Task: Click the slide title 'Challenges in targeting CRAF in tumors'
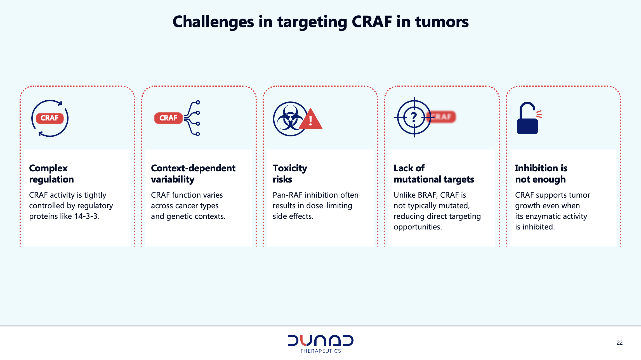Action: pyautogui.click(x=320, y=22)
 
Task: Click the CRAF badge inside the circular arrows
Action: pyautogui.click(x=50, y=118)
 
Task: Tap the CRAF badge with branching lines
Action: pyautogui.click(x=168, y=118)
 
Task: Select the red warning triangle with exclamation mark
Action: pyautogui.click(x=310, y=119)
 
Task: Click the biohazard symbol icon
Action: pyautogui.click(x=290, y=119)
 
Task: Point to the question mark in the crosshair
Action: pyautogui.click(x=414, y=117)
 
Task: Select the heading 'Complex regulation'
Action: pyautogui.click(x=51, y=174)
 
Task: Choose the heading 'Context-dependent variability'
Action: pyautogui.click(x=193, y=174)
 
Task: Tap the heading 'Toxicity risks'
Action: pyautogui.click(x=290, y=174)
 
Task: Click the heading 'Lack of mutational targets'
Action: pyautogui.click(x=434, y=174)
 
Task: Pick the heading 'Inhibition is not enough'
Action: pyautogui.click(x=541, y=174)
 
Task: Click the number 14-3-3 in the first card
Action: pyautogui.click(x=86, y=216)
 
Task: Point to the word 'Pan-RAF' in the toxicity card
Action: pyautogui.click(x=287, y=195)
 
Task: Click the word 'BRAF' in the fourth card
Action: pyautogui.click(x=426, y=195)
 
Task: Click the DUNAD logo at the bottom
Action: pyautogui.click(x=321, y=340)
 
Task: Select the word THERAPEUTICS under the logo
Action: pyautogui.click(x=321, y=351)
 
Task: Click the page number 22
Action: pyautogui.click(x=619, y=343)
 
